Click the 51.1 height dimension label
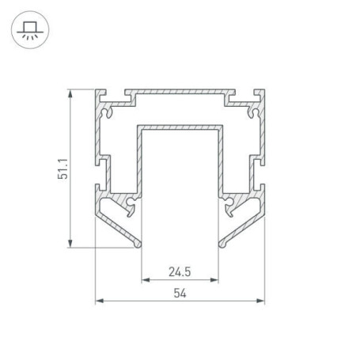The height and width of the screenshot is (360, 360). pyautogui.click(x=63, y=169)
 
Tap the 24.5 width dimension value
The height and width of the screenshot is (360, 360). pyautogui.click(x=180, y=271)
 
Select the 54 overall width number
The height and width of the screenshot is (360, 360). pyautogui.click(x=180, y=293)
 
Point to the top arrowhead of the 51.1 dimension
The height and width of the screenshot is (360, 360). pyautogui.click(x=70, y=93)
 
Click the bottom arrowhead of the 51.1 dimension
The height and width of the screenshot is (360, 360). pyautogui.click(x=70, y=244)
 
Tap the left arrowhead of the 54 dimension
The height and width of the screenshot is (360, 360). pyautogui.click(x=100, y=301)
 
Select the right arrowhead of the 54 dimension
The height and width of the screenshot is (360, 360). pyautogui.click(x=260, y=301)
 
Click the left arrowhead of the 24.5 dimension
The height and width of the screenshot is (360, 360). pyautogui.click(x=146, y=280)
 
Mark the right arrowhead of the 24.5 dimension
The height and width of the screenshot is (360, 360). pyautogui.click(x=214, y=280)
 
